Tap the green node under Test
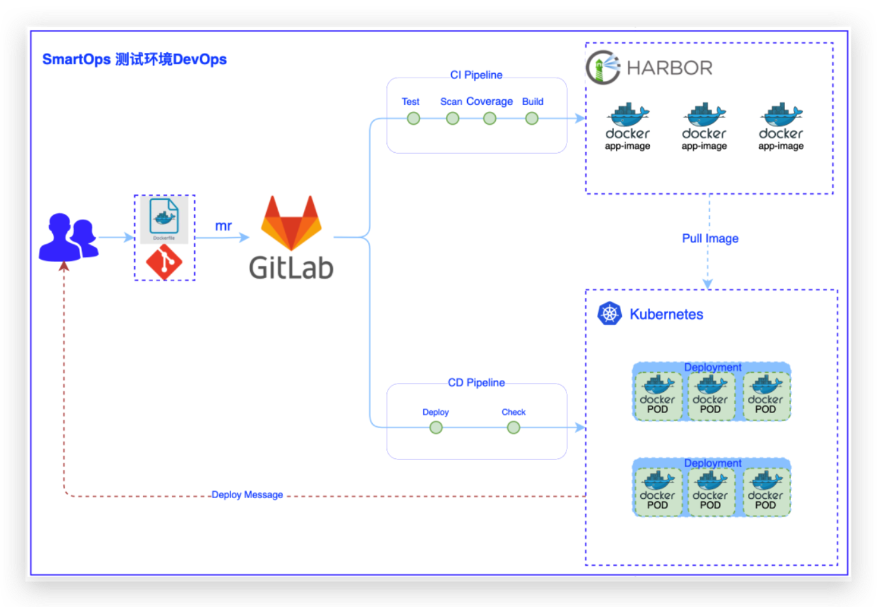tap(414, 118)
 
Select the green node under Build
tap(531, 118)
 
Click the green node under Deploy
tap(436, 428)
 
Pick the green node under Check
tap(514, 428)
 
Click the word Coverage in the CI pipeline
tap(489, 101)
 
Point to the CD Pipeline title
tap(476, 382)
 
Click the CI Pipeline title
tap(476, 75)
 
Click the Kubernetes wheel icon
tap(610, 314)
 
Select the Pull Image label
tap(710, 239)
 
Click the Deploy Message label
tap(247, 495)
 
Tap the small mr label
tap(223, 226)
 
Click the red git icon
tap(164, 262)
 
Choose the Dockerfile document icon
tap(164, 217)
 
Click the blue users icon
tap(68, 238)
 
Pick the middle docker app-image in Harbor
tap(704, 127)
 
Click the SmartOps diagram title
tap(134, 59)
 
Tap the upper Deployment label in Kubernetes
tap(712, 367)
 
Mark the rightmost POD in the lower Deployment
tap(766, 492)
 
